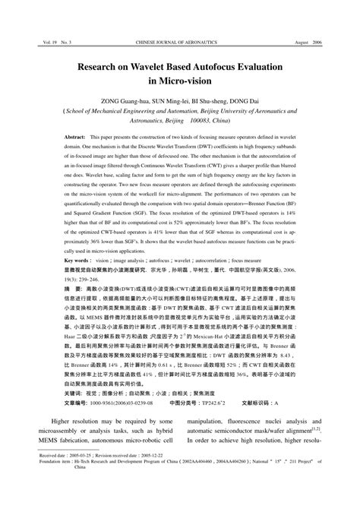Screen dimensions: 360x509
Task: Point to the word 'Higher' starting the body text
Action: (x=68, y=420)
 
